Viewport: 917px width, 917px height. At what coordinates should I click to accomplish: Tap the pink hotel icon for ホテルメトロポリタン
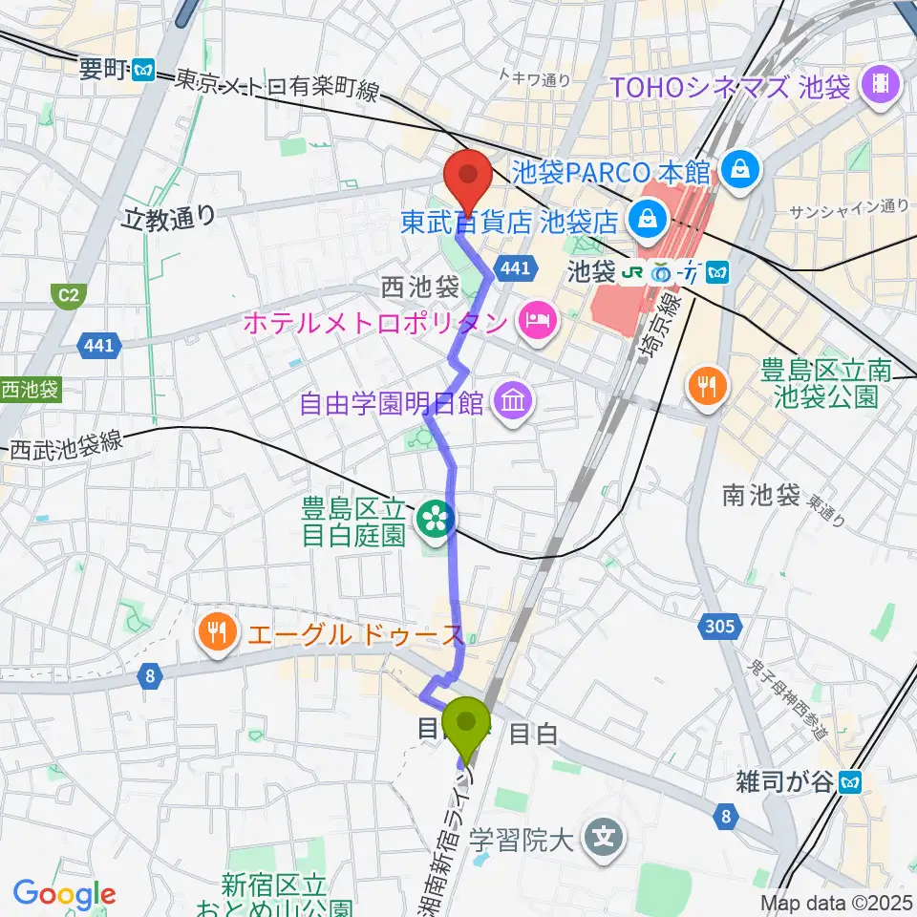(535, 321)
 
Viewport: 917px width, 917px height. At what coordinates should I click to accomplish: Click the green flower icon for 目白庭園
(436, 521)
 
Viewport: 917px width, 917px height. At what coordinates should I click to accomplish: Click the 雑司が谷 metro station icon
(850, 783)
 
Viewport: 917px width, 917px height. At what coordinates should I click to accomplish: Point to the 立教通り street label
(170, 220)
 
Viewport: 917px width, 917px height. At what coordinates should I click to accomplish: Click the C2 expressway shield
(66, 296)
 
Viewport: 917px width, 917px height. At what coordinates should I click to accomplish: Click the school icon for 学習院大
(604, 841)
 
